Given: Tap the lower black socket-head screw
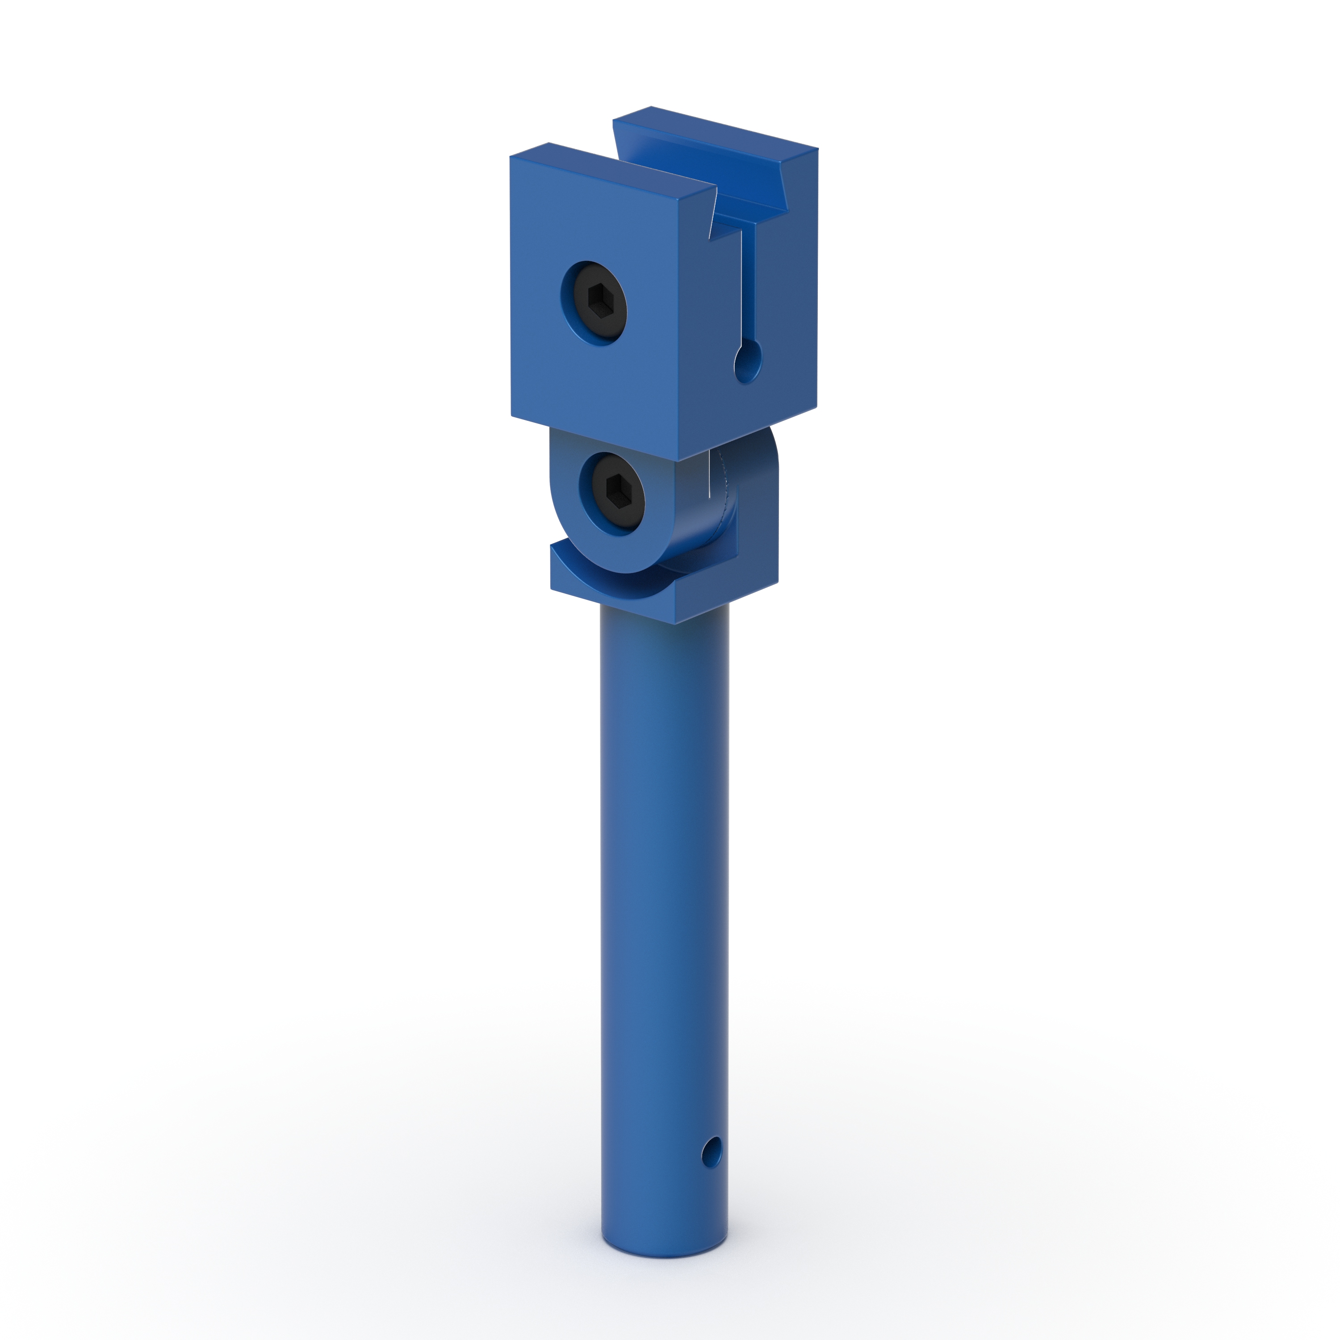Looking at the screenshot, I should point(613,493).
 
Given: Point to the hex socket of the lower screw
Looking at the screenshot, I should point(616,490).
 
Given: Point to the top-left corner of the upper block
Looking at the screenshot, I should point(511,157).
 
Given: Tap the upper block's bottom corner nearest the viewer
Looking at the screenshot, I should point(677,459).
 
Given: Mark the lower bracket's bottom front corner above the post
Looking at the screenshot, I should point(675,622).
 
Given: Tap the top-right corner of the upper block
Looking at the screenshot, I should point(817,149).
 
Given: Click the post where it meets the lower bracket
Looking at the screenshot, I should point(664,628).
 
